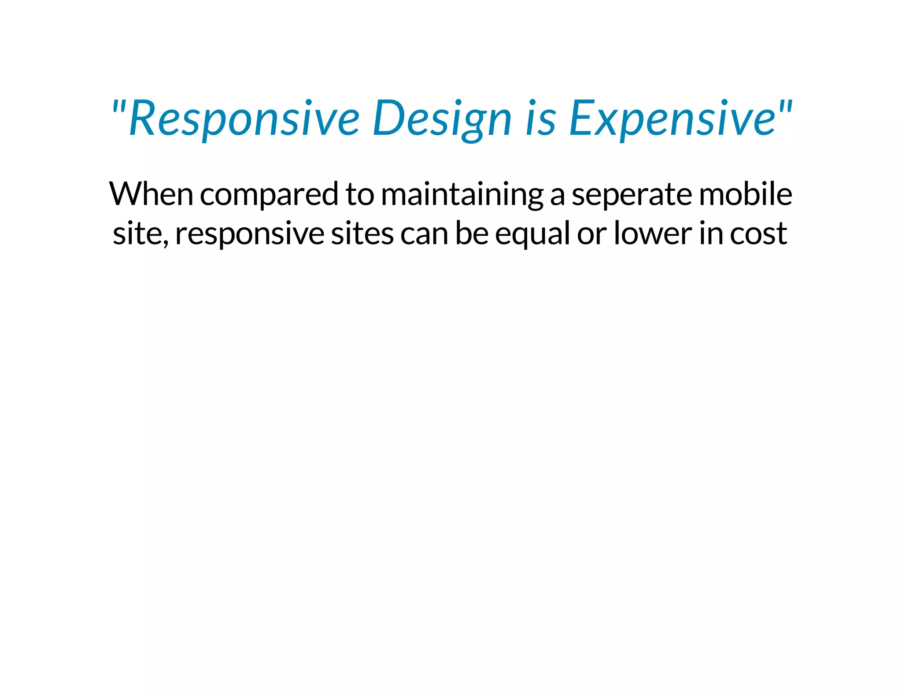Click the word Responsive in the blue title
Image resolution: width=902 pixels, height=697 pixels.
(x=244, y=118)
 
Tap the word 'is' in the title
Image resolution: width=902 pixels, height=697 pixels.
(x=540, y=118)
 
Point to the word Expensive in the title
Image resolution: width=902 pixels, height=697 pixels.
(x=672, y=118)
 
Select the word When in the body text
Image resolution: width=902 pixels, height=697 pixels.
(x=151, y=194)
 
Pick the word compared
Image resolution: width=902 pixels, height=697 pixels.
(x=269, y=194)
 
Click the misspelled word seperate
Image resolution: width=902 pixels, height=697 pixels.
(x=632, y=194)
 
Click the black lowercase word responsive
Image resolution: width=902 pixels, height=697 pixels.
(x=250, y=234)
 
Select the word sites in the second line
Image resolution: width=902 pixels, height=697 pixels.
(x=362, y=234)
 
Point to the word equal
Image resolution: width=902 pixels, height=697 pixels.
(x=532, y=234)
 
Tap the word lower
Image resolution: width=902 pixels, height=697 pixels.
(x=652, y=234)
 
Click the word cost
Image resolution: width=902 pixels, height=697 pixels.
(x=758, y=234)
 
